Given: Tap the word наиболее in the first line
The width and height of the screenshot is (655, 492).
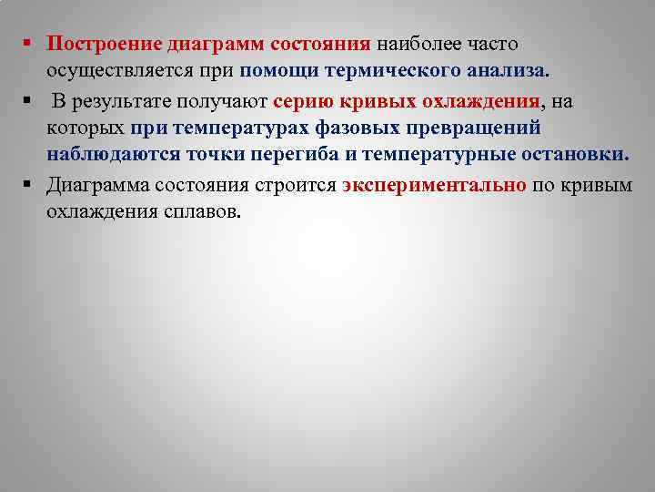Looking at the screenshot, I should [417, 44].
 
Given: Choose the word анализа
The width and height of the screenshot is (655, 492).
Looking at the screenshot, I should [508, 70].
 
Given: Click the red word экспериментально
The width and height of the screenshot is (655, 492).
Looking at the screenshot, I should [435, 185].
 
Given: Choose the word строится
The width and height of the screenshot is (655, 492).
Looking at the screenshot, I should [296, 185].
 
